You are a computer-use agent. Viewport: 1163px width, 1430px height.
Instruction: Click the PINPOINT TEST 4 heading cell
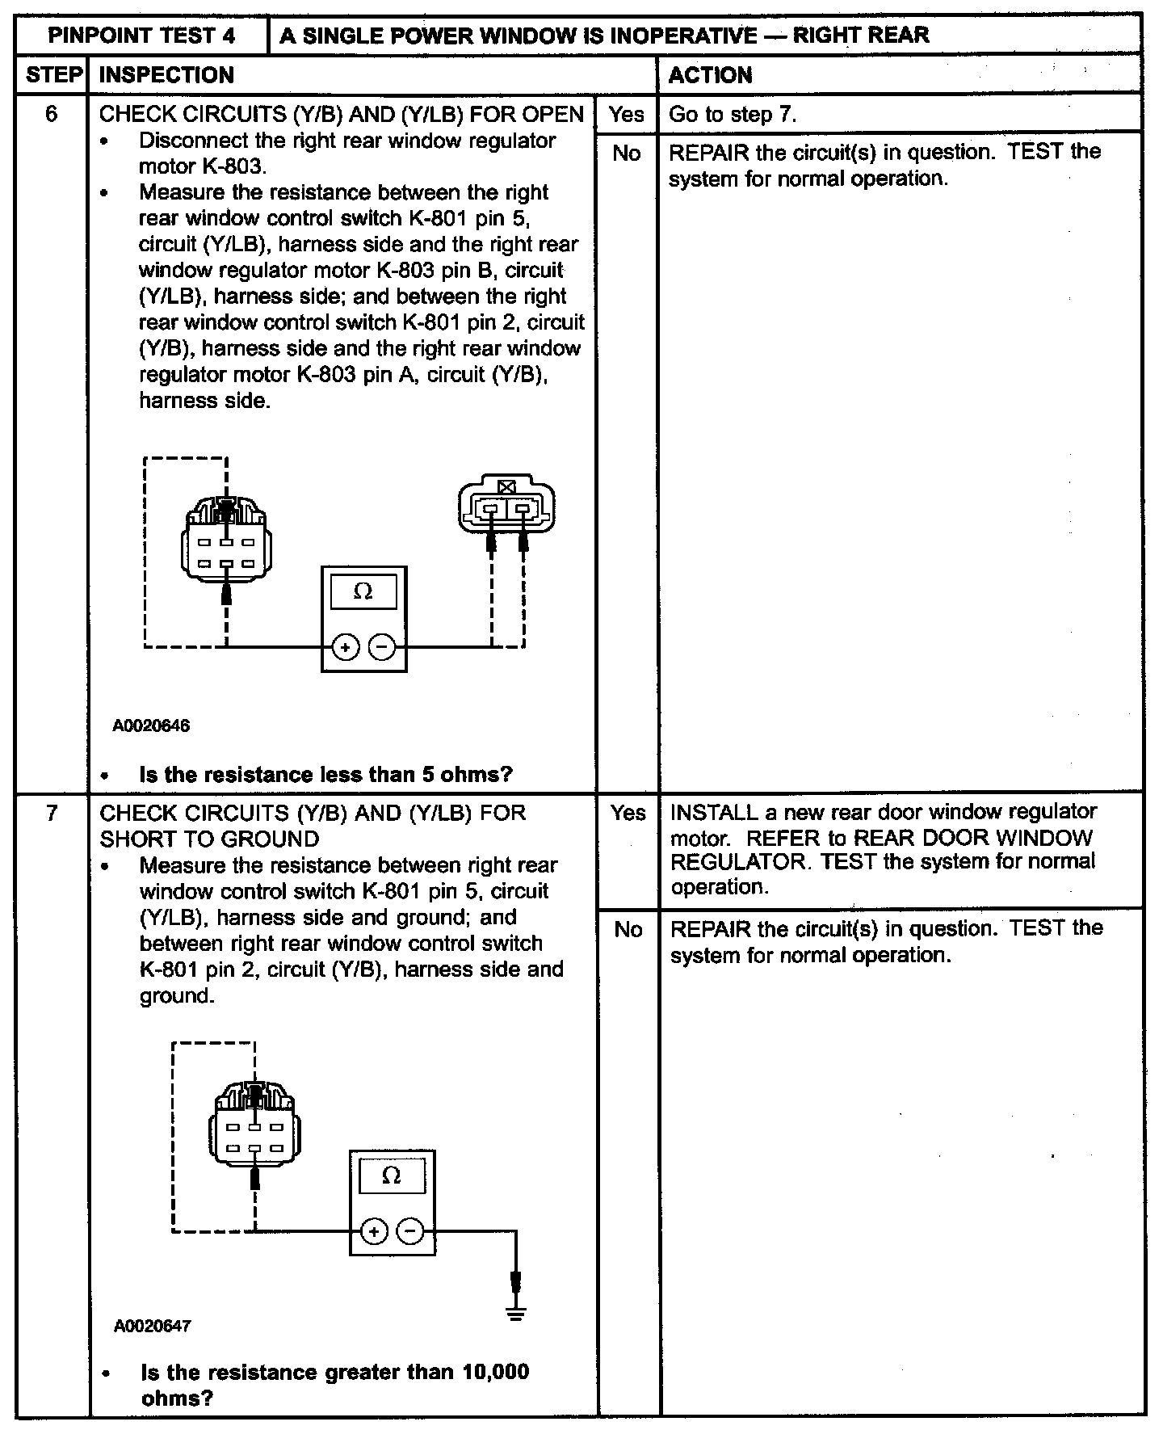(x=142, y=36)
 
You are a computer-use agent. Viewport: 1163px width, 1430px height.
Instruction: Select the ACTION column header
(x=711, y=75)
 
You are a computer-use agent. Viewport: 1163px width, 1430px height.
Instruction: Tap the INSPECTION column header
(x=166, y=75)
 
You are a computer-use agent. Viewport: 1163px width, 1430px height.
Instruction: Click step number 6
(x=52, y=114)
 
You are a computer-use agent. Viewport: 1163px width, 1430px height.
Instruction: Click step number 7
(x=52, y=812)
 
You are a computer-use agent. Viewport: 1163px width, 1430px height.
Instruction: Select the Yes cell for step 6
(x=627, y=114)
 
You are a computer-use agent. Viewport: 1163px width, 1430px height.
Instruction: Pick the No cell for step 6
(x=627, y=153)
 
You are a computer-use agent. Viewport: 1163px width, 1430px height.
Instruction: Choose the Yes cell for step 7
(x=628, y=812)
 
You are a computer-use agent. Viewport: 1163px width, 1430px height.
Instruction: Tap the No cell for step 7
(x=628, y=929)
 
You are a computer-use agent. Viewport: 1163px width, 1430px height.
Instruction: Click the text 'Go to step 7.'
(x=733, y=114)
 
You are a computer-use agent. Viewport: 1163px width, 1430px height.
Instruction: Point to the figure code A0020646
(x=151, y=726)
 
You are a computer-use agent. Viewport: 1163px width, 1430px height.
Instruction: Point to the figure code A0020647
(x=153, y=1326)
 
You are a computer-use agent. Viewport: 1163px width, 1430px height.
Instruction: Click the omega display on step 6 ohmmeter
(x=363, y=592)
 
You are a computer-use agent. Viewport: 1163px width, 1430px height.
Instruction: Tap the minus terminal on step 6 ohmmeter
(x=383, y=647)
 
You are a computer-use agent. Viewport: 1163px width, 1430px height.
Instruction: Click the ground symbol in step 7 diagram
(x=516, y=1313)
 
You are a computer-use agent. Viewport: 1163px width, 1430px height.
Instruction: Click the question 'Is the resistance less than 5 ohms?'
(x=325, y=775)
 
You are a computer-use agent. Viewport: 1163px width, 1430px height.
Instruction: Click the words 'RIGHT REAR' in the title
(x=861, y=36)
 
